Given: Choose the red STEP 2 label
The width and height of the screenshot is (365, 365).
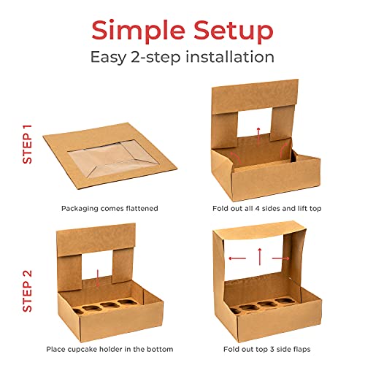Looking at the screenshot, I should (27, 291).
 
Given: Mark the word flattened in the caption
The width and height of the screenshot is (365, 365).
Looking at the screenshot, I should (139, 208).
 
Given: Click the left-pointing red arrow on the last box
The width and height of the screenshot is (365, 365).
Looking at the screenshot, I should (234, 258).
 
